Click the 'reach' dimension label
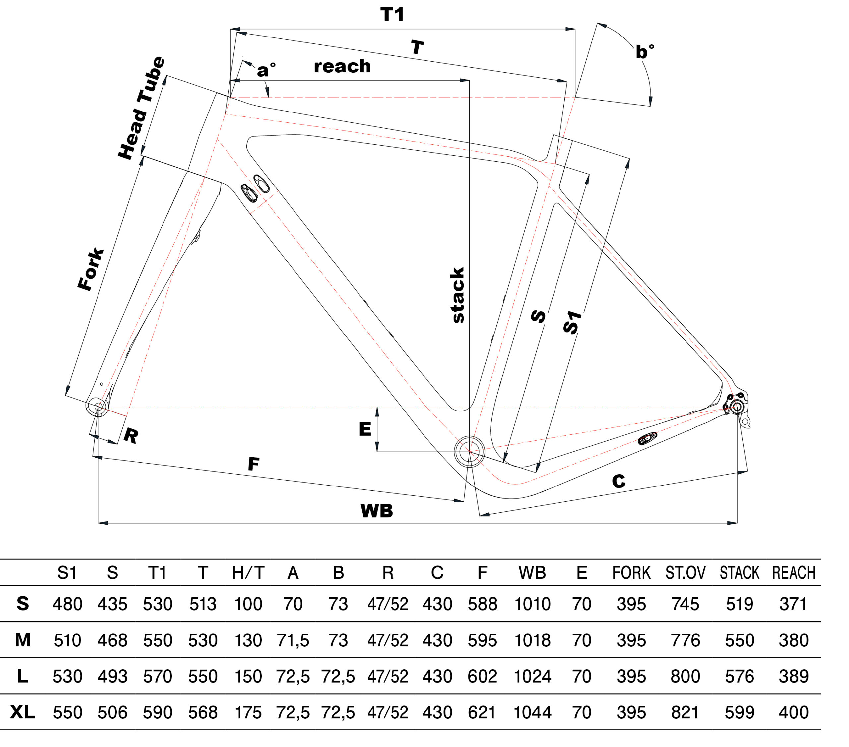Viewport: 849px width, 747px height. (x=342, y=66)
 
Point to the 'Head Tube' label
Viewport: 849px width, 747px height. (x=142, y=108)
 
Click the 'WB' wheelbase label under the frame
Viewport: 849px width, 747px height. (x=376, y=511)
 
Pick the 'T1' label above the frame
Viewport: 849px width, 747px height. (x=392, y=15)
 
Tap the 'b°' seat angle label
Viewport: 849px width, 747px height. (x=645, y=52)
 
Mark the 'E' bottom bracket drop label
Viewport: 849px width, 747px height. (x=365, y=429)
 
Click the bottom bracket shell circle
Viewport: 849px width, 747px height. (x=469, y=451)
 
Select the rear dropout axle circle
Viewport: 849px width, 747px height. (x=737, y=407)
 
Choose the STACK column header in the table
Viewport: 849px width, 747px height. (x=739, y=573)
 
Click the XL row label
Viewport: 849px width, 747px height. (x=23, y=712)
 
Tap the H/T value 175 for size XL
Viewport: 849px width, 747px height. (x=248, y=712)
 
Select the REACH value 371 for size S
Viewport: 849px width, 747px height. (x=793, y=604)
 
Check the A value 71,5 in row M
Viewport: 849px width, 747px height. (x=293, y=640)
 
